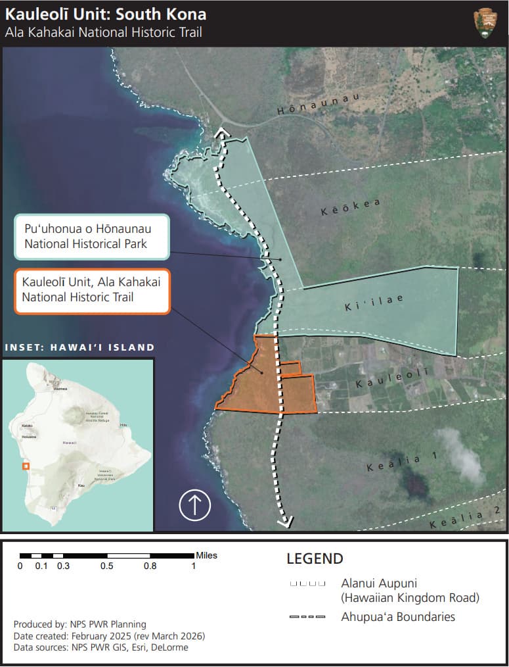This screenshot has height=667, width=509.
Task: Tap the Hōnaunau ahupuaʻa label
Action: pyautogui.click(x=319, y=105)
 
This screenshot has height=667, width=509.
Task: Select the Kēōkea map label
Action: pyautogui.click(x=351, y=207)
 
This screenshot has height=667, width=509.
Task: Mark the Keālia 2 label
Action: pyautogui.click(x=466, y=518)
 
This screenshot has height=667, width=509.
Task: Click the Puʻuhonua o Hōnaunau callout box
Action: pyautogui.click(x=91, y=237)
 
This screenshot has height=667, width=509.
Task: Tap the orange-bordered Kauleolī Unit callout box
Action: pyautogui.click(x=91, y=291)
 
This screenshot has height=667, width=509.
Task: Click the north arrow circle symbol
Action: pyautogui.click(x=194, y=505)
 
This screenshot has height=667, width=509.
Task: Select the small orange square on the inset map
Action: pyautogui.click(x=26, y=466)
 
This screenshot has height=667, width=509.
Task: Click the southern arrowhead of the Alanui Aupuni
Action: pyautogui.click(x=285, y=523)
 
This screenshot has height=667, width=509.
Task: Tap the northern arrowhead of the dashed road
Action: pyautogui.click(x=222, y=134)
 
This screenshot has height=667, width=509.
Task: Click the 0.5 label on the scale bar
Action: pyautogui.click(x=106, y=566)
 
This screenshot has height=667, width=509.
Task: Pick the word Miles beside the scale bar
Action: pyautogui.click(x=206, y=556)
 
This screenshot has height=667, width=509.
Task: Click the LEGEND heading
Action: pyautogui.click(x=315, y=559)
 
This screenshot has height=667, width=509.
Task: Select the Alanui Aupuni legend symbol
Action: pyautogui.click(x=307, y=584)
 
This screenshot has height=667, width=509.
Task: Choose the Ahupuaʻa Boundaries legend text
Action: pyautogui.click(x=398, y=617)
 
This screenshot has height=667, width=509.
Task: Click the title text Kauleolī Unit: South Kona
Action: pyautogui.click(x=106, y=14)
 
